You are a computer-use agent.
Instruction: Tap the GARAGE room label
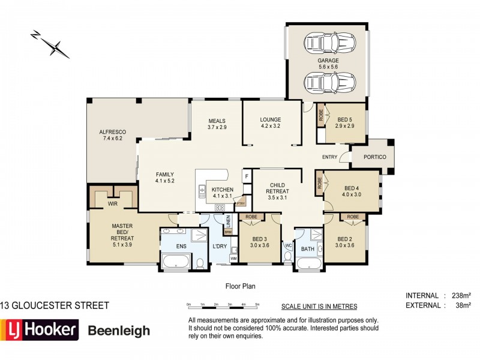coord(328,61)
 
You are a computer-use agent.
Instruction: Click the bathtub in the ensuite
coord(175,260)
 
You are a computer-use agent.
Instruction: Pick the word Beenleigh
coord(119,331)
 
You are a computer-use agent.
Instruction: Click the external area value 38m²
coord(461,305)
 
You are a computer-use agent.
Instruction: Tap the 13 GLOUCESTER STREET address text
coord(55,305)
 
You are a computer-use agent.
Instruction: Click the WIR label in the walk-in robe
coord(112,204)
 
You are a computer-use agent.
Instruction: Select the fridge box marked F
coord(246,176)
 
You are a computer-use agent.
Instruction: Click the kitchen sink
coord(202,191)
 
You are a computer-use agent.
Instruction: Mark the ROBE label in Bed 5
coord(321,114)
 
